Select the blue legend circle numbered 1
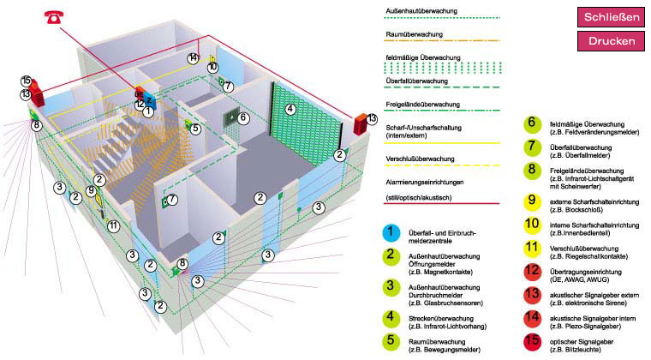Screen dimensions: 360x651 (391, 231)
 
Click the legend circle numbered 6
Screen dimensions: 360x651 (531, 123)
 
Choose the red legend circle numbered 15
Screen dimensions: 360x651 (531, 340)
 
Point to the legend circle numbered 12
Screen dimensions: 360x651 (531, 271)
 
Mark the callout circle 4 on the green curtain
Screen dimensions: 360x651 (290, 109)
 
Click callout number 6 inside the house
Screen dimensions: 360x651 (243, 117)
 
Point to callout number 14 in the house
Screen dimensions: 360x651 (194, 58)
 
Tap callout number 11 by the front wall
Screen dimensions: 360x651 (113, 225)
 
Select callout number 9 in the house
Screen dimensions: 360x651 (91, 190)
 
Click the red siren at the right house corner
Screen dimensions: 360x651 (359, 125)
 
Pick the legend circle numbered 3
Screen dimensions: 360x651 (391, 286)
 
